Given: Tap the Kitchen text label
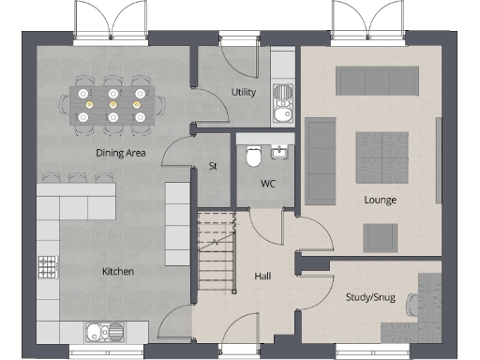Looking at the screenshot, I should [x=118, y=272].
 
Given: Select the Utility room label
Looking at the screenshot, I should [x=245, y=92].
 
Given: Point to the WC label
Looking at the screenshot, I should [x=267, y=183].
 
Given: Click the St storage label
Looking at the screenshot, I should [x=213, y=167].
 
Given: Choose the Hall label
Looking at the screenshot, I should [x=263, y=277].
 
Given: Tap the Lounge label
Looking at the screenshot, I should [x=381, y=200].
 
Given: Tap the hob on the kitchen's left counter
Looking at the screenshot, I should [x=45, y=266].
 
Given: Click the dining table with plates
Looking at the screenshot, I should [x=112, y=105].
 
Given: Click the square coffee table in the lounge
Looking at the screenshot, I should [x=381, y=156].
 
